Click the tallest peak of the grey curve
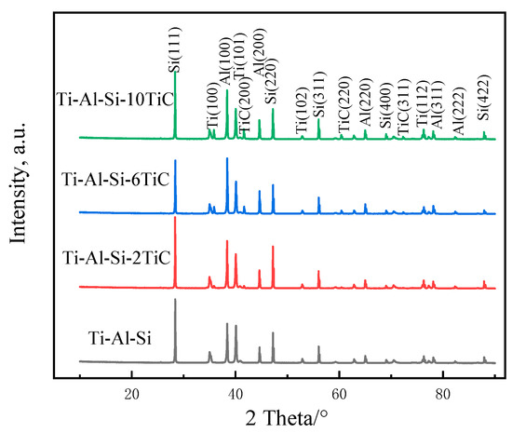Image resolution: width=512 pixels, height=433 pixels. [x=175, y=300]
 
